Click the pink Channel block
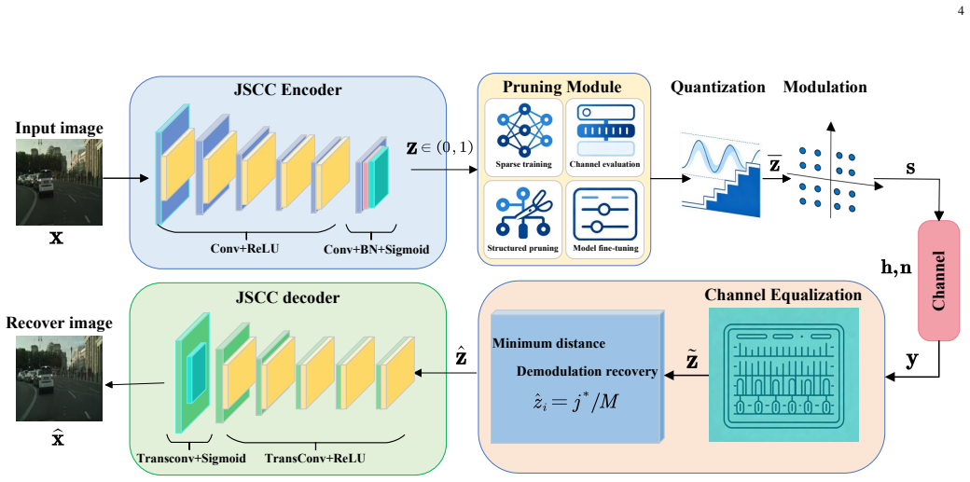(938, 281)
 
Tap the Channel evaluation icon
(605, 131)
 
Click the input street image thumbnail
(59, 182)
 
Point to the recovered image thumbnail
(59, 379)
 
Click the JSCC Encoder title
(288, 90)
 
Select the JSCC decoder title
(288, 297)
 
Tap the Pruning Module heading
(561, 86)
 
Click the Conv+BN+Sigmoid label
(376, 250)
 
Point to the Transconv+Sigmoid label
(191, 459)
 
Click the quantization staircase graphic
(721, 173)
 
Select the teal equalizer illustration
(783, 375)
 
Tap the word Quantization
(717, 88)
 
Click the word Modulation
(824, 88)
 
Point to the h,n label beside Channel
(895, 267)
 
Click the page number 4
(960, 9)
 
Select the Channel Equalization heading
(783, 296)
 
